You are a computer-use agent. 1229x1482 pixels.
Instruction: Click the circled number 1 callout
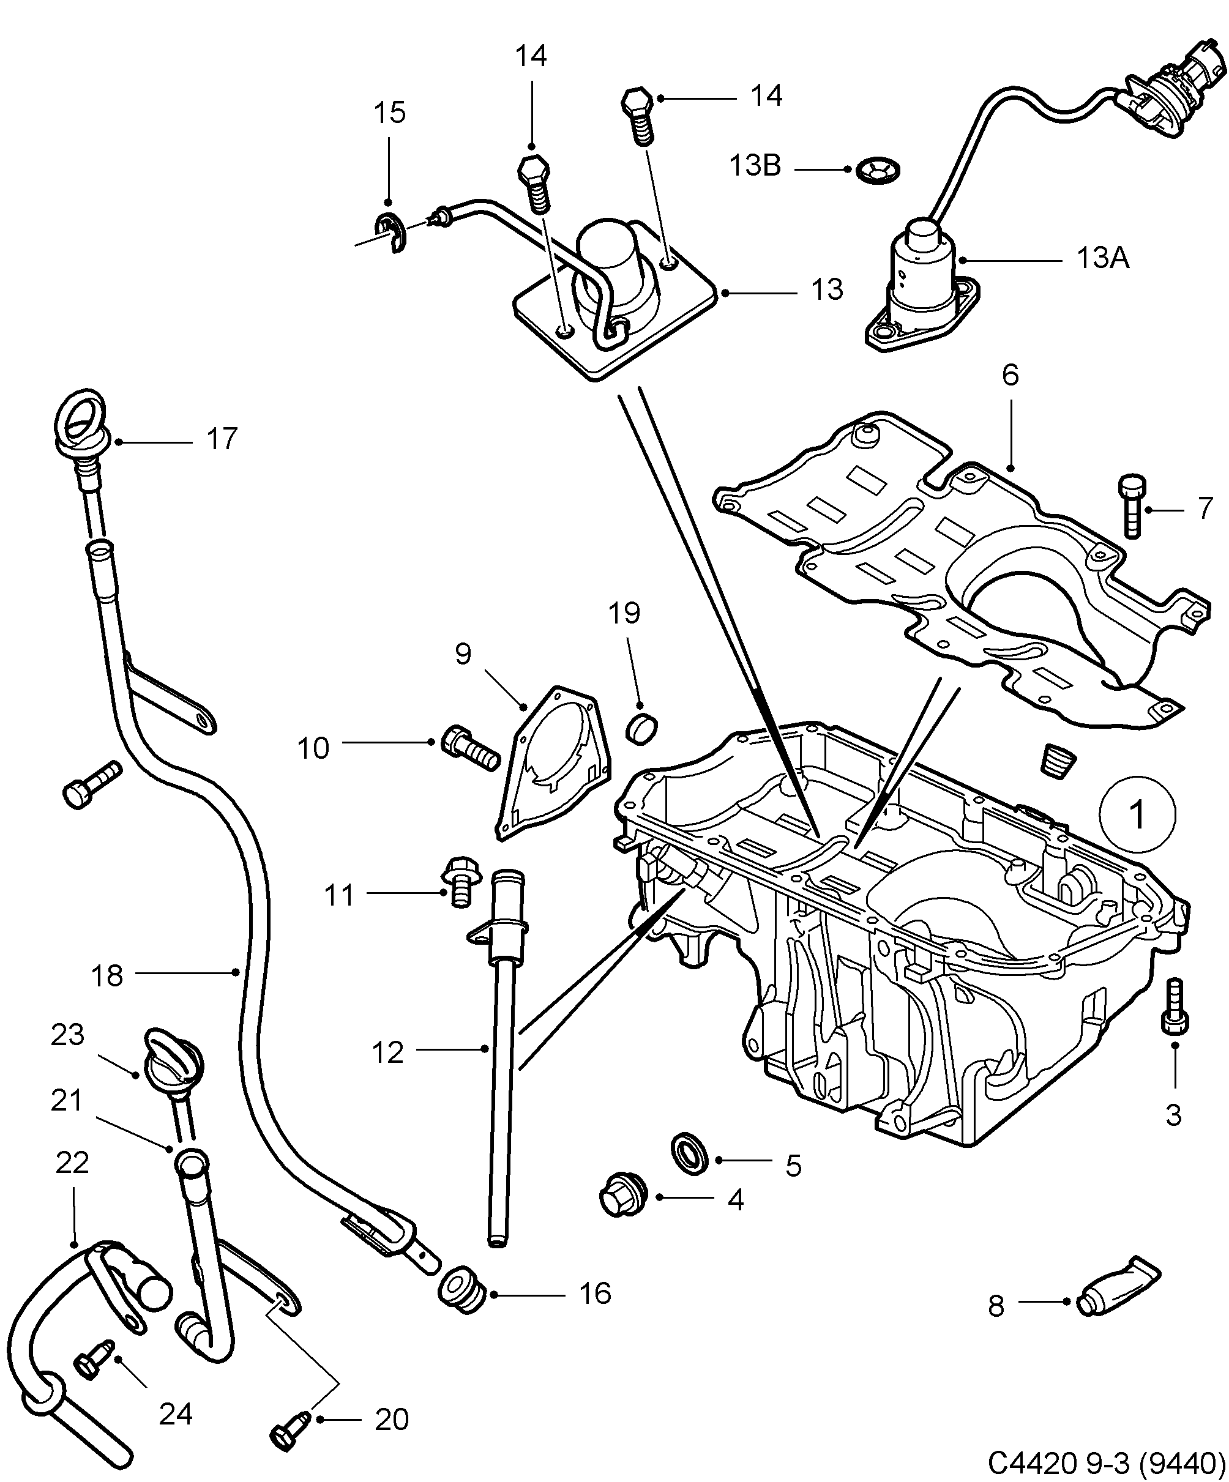[1137, 814]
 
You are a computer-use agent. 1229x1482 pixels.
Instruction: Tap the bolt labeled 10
[469, 748]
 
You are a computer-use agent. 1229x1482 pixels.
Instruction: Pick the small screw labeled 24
[92, 1361]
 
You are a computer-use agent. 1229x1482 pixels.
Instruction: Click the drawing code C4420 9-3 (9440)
[1105, 1462]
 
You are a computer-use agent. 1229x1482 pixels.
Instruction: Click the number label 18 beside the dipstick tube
[107, 976]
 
